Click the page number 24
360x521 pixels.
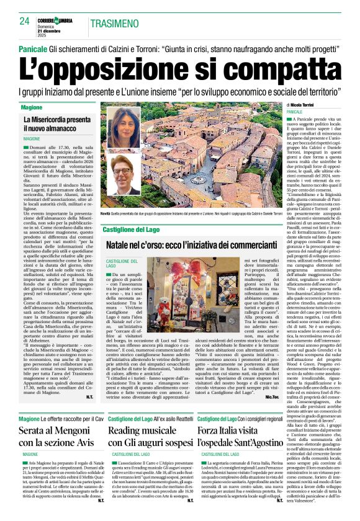click(x=25, y=22)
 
